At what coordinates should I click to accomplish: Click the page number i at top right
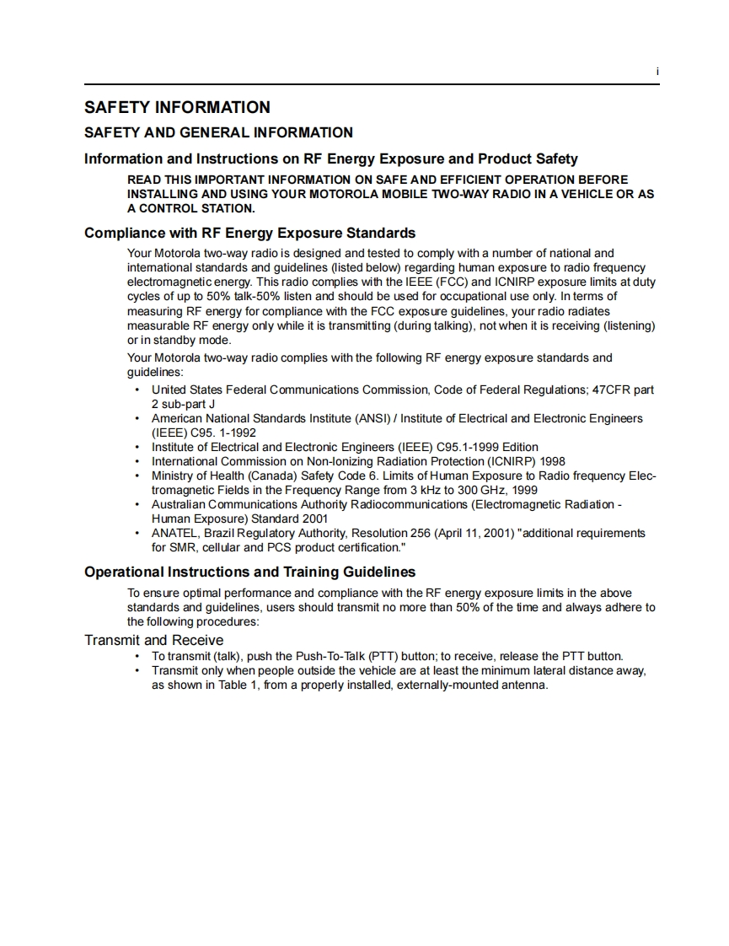click(x=657, y=73)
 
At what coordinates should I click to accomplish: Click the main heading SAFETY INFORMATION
click(x=177, y=107)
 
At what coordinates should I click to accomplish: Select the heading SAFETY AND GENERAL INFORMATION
click(x=218, y=132)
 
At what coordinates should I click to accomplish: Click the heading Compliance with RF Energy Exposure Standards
click(x=249, y=233)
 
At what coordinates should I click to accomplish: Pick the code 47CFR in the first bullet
click(x=610, y=390)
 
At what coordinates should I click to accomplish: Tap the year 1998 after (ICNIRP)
click(x=550, y=461)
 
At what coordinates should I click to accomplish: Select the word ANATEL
click(x=172, y=533)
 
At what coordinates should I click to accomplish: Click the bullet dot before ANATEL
click(x=137, y=533)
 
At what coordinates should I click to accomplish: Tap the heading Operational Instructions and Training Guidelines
click(x=249, y=572)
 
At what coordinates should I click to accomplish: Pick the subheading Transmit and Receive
click(x=153, y=640)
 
